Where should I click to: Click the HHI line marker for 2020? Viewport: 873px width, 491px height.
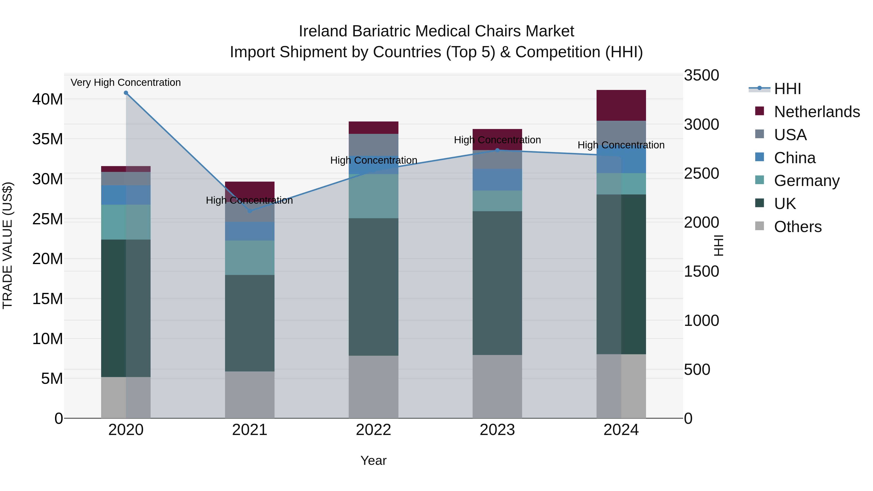point(126,93)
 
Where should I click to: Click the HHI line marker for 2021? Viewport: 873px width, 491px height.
point(250,211)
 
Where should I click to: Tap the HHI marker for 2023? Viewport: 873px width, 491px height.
point(497,150)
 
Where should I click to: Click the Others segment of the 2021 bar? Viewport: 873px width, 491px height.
point(250,395)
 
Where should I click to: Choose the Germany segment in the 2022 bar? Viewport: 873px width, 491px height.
point(373,196)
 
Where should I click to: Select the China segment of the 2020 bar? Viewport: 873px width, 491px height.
point(126,195)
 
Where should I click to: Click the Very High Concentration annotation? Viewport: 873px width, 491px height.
point(126,83)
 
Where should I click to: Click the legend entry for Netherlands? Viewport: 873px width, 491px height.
point(817,112)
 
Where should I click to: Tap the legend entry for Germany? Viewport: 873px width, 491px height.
point(807,181)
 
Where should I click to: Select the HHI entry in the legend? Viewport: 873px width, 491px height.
point(787,89)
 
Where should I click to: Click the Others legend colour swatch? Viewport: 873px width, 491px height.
point(760,226)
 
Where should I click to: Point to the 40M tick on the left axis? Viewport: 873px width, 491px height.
point(48,99)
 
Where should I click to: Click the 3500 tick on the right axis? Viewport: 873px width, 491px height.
point(701,75)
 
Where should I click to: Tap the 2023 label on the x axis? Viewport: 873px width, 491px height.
point(497,430)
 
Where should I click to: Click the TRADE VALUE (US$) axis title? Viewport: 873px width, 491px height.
point(8,245)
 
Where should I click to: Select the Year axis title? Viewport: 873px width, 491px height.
point(373,460)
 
